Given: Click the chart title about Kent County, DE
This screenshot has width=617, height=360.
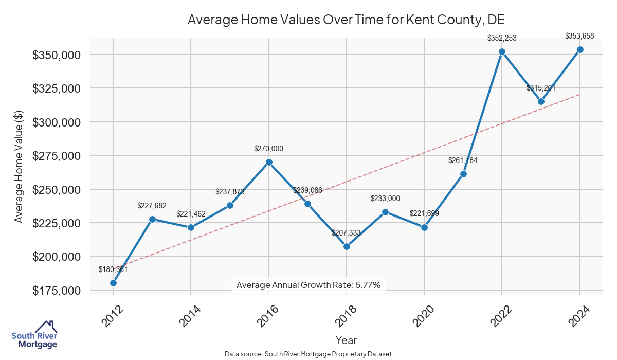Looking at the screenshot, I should pos(346,20).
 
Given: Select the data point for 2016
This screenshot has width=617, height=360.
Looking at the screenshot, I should pos(269,162).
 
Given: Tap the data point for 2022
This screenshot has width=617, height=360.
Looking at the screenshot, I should pos(502,51).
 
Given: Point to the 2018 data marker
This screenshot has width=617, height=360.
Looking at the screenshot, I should pos(347,246).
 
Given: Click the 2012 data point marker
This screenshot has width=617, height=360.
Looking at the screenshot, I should pos(113,283).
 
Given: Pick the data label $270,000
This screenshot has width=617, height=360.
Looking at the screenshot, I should pos(268,149).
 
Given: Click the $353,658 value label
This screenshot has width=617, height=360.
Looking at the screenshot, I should pos(579,36).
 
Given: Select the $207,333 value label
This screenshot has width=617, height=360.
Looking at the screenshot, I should pos(346,233).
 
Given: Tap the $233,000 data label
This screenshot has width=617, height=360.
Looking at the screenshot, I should pos(385,199).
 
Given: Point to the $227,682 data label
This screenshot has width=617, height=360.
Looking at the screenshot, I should pos(152,206).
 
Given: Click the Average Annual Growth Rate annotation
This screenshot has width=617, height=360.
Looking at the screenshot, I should pos(308,285).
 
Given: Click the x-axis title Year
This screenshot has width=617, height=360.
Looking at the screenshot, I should pos(346,340).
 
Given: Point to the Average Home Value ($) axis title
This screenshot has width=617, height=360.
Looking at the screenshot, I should pos(19,166).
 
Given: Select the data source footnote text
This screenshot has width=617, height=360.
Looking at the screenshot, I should pos(308,354).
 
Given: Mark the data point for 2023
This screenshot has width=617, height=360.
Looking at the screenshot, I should pos(541,101).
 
